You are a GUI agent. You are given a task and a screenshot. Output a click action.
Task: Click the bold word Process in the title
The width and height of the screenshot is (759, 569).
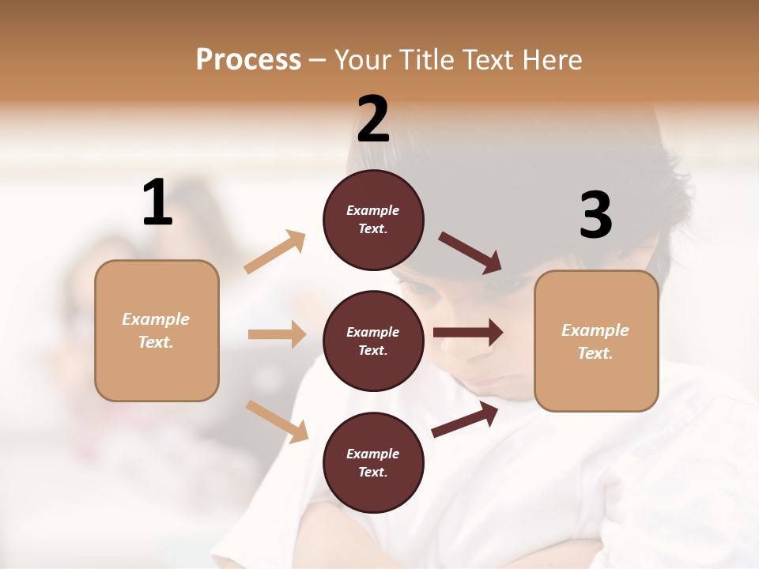tap(249, 60)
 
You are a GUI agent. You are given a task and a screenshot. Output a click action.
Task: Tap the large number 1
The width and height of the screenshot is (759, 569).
tap(157, 203)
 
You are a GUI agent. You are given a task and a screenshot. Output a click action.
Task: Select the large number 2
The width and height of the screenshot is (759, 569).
tap(373, 119)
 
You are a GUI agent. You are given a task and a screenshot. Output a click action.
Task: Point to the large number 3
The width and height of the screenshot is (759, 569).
tap(595, 216)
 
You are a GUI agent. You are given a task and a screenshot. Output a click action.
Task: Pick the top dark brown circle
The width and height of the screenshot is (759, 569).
tap(373, 220)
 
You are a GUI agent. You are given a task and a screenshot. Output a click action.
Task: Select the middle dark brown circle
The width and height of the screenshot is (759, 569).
tap(373, 341)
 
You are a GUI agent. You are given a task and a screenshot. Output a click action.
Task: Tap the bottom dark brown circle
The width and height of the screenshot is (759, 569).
tap(373, 463)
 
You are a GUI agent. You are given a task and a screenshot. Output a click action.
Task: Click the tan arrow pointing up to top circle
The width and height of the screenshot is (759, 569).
tap(275, 252)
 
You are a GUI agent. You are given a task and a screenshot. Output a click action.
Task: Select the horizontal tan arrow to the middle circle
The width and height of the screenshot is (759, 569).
tap(277, 334)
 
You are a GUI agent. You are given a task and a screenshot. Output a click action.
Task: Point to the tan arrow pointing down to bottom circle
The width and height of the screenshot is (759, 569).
tap(277, 421)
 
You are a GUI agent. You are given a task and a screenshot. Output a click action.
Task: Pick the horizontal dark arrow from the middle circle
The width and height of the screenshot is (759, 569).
tap(468, 333)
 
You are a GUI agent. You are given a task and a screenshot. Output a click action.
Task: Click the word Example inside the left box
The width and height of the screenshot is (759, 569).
tap(156, 319)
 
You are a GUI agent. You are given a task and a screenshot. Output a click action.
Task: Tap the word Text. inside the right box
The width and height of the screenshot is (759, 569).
tap(595, 353)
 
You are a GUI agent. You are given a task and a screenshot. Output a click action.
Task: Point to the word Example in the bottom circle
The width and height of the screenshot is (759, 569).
tap(373, 454)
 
